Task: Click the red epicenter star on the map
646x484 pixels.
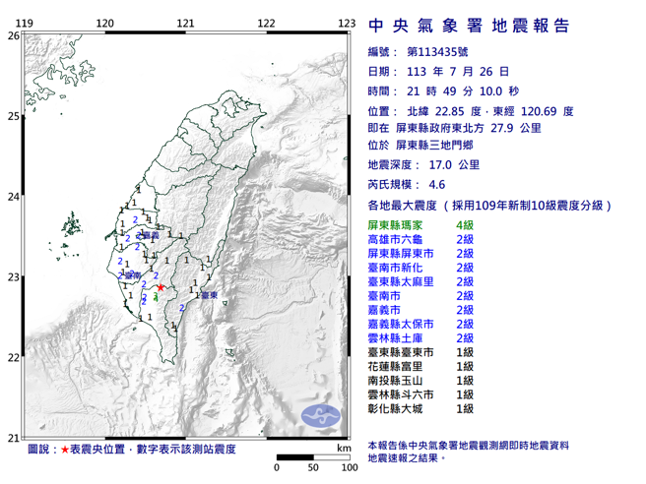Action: [x=161, y=287]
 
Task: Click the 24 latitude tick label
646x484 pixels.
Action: [x=13, y=197]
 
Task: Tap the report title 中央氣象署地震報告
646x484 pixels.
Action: [x=468, y=25]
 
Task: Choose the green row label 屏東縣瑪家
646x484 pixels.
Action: [x=397, y=226]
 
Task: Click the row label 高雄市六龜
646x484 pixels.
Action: [x=397, y=239]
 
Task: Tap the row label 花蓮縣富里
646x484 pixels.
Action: [x=397, y=366]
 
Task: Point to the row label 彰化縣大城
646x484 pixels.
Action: [x=397, y=407]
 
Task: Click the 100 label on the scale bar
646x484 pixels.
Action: [x=348, y=467]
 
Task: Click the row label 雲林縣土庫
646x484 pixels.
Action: [x=397, y=337]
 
